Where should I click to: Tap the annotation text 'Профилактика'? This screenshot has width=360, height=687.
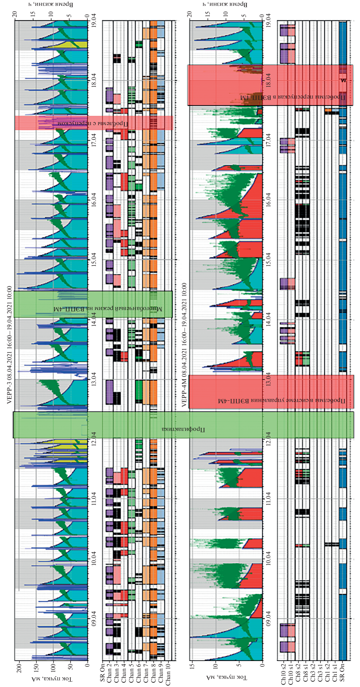point(183,429)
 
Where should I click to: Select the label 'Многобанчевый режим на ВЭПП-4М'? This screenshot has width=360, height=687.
point(108,309)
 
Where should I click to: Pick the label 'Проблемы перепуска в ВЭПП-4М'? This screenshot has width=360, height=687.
point(293,97)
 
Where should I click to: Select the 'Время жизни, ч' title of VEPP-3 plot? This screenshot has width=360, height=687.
point(51,4)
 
